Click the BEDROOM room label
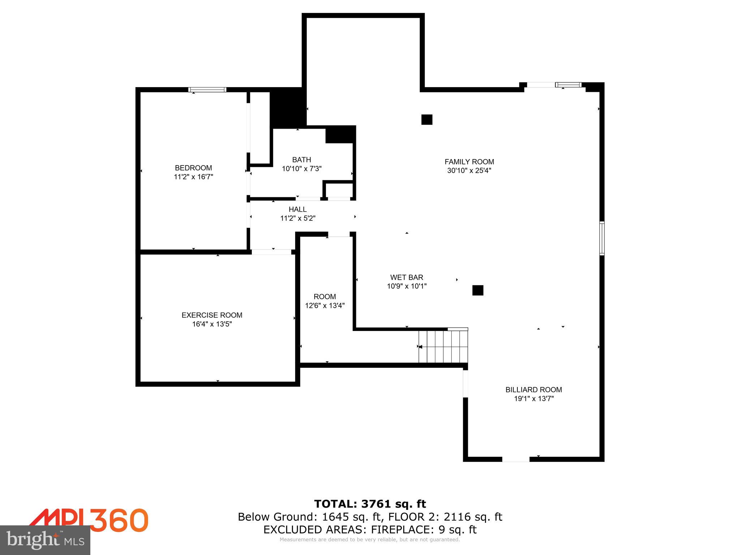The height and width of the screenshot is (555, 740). click(x=193, y=168)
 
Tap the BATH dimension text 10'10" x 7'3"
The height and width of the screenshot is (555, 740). click(x=302, y=168)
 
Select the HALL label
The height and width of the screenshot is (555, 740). click(x=297, y=209)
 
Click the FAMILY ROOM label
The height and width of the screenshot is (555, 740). click(x=469, y=162)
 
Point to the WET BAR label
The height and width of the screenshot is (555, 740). click(x=406, y=277)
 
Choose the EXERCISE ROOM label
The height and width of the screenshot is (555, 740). click(x=212, y=315)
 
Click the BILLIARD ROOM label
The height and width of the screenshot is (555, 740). click(x=533, y=390)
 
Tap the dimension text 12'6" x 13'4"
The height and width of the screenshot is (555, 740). click(x=324, y=306)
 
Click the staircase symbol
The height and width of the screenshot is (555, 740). click(x=443, y=347)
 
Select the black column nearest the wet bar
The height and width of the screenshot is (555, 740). click(x=478, y=290)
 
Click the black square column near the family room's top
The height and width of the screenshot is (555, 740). click(x=427, y=120)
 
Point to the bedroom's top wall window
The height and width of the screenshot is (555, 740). click(x=207, y=90)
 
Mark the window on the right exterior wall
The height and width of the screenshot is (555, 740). click(x=602, y=238)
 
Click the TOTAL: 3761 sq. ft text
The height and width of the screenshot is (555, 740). click(x=370, y=504)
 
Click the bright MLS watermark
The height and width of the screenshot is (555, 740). click(x=45, y=540)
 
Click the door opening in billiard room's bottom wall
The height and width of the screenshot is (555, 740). click(x=516, y=459)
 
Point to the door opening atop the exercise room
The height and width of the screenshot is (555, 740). click(x=271, y=252)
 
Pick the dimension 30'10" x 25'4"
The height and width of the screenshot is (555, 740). click(x=469, y=171)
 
